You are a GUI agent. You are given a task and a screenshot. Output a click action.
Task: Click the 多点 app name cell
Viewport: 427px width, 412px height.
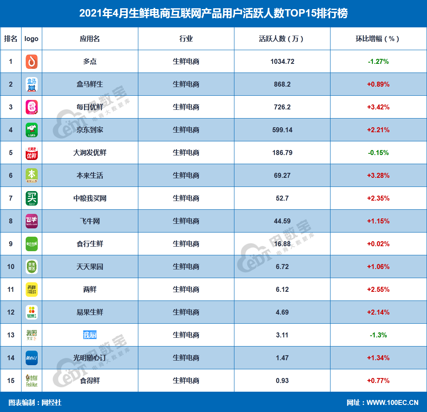(90, 61)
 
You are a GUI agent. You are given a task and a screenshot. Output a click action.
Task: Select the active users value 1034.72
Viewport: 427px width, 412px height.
(282, 61)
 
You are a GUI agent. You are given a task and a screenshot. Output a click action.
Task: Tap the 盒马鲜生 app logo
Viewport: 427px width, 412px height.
(31, 84)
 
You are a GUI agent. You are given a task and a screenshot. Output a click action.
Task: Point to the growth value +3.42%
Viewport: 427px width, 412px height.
(378, 107)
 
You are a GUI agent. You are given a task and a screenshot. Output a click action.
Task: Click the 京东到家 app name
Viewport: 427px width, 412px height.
(90, 130)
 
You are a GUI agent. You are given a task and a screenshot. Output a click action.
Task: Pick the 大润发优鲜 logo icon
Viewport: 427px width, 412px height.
(31, 153)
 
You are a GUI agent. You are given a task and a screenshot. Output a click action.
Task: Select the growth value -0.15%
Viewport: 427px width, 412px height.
(378, 153)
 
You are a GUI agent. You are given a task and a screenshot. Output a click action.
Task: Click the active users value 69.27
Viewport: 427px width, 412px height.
(282, 175)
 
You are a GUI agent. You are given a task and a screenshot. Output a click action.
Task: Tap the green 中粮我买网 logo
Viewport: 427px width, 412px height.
(31, 198)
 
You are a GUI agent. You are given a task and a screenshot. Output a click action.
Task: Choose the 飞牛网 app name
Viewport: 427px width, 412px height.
(90, 221)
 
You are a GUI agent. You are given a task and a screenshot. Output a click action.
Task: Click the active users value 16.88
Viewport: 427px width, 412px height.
(282, 244)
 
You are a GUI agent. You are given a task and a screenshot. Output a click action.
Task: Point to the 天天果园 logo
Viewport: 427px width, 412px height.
(31, 267)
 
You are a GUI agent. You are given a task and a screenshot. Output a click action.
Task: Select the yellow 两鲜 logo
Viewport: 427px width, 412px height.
(31, 289)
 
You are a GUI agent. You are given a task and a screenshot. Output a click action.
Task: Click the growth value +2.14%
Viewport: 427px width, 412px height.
(378, 312)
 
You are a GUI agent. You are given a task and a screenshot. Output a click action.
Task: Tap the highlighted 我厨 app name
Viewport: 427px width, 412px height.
(90, 335)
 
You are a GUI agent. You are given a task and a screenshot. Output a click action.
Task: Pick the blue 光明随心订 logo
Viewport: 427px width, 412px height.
(31, 358)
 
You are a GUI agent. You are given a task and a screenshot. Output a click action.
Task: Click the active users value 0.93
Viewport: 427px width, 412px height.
(282, 380)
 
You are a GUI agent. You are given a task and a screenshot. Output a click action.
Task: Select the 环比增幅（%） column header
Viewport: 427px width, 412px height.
(378, 39)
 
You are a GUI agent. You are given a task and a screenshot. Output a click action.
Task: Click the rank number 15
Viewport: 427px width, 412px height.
(11, 380)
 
